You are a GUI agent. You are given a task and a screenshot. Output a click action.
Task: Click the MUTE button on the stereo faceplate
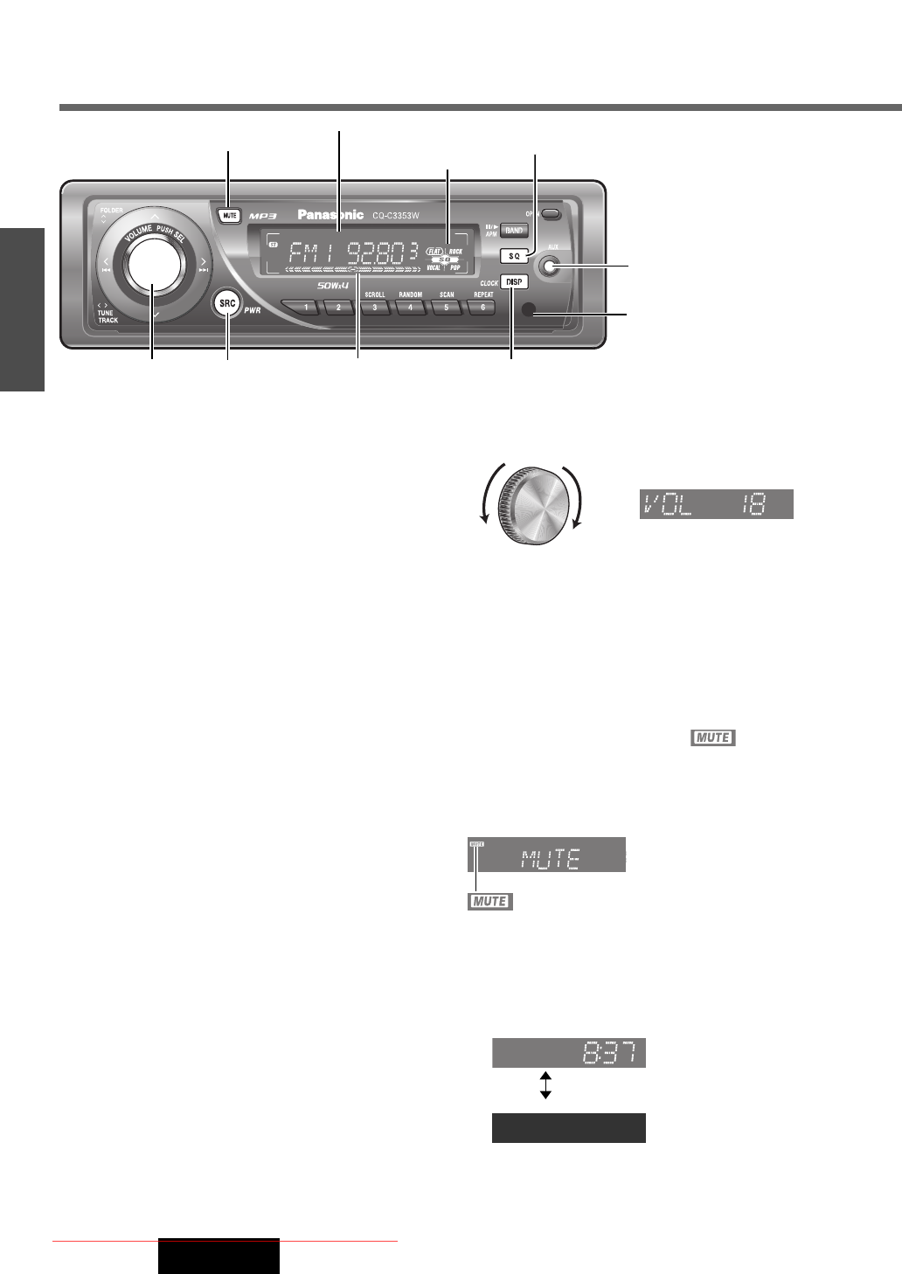[228, 215]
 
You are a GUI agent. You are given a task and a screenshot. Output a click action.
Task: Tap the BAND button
[514, 231]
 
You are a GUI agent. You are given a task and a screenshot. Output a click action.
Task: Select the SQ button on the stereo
[514, 256]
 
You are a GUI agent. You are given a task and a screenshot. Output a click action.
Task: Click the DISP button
[514, 282]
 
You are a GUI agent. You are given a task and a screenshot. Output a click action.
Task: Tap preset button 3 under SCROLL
[375, 308]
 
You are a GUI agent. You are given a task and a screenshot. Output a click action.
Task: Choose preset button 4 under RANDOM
[411, 308]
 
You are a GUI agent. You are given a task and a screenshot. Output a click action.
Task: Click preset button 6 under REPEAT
[482, 308]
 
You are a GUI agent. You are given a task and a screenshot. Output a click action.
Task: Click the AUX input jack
[549, 267]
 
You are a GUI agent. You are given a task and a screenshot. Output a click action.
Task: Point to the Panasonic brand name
[330, 215]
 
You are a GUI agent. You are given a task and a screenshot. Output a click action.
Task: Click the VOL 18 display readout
[717, 504]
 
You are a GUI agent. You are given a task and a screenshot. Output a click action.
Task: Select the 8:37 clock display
[569, 1053]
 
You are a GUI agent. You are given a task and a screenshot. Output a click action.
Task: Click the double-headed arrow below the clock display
[545, 1084]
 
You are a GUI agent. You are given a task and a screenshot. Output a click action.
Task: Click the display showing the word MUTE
[547, 855]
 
